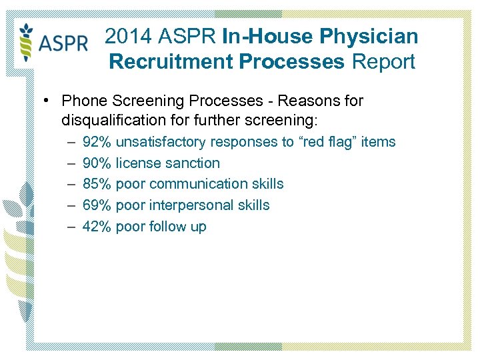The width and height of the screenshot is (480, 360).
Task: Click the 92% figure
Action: click(x=97, y=142)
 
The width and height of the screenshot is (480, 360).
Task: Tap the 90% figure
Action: click(x=97, y=163)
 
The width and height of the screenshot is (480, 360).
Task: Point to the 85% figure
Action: click(x=97, y=184)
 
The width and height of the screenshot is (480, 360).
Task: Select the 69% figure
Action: click(x=97, y=205)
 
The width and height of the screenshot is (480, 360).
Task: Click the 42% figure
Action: click(x=97, y=227)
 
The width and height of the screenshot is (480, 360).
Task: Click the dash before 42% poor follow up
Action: click(x=71, y=227)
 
